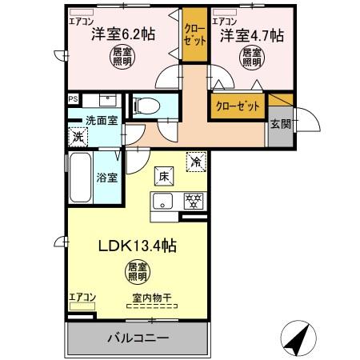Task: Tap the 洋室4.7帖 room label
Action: [x=250, y=34]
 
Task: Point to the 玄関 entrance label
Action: [x=281, y=123]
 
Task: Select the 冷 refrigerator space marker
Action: [x=196, y=160]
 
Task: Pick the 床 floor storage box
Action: [x=162, y=174]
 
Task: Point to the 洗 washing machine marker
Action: [x=78, y=137]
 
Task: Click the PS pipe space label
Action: [x=73, y=99]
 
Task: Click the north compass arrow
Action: [x=297, y=338]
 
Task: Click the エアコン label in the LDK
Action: [x=82, y=297]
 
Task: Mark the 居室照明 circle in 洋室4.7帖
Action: [x=251, y=57]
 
